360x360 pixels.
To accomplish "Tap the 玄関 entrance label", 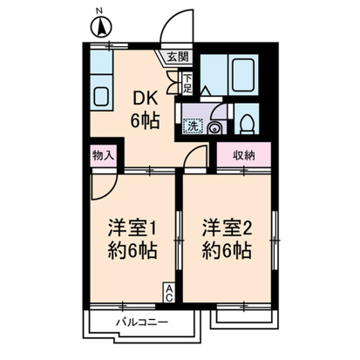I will [x=178, y=57].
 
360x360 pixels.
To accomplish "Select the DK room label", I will [x=145, y=98].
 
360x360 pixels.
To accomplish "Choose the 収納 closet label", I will [x=244, y=155].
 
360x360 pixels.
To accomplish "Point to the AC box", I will [x=169, y=293].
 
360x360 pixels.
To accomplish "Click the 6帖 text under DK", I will [x=145, y=120].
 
